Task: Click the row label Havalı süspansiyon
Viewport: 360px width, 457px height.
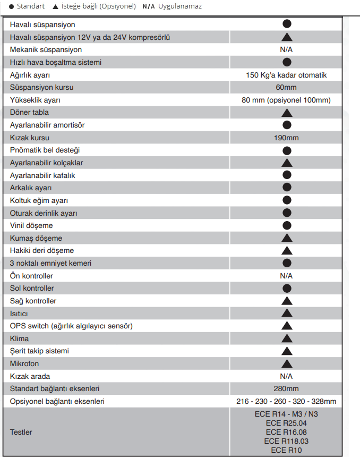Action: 42,25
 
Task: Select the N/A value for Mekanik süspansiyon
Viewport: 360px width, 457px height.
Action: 286,49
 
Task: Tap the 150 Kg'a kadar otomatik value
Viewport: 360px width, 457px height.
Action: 286,75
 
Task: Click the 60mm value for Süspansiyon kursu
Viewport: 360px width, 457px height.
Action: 286,88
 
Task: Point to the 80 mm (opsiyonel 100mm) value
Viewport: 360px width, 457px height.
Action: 286,100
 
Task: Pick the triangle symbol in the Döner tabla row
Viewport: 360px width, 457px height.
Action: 287,113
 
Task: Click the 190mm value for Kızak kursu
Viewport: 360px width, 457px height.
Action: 286,138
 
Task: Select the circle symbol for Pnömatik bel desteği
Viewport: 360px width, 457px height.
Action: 287,150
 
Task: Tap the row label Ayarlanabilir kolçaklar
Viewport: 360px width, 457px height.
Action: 46,163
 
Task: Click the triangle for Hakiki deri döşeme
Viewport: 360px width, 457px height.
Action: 287,250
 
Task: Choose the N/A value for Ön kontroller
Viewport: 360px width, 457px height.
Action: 286,276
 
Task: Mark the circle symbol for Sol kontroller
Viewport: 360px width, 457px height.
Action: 287,288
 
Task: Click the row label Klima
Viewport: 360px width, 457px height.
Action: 19,338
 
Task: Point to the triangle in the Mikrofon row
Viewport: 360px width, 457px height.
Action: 287,363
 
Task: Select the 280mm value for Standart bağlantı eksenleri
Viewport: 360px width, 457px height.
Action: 286,388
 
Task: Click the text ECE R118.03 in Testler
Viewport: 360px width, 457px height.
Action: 286,441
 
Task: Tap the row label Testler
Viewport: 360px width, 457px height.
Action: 21,432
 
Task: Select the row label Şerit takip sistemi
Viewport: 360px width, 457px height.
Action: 39,351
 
